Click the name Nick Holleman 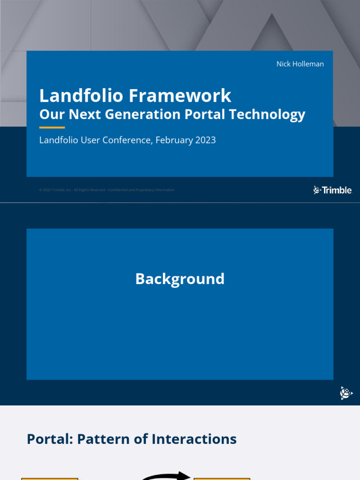click(300, 64)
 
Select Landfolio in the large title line click(82, 96)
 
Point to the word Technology click(267, 114)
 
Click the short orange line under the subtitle click(52, 127)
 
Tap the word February click(173, 140)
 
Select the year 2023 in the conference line click(205, 140)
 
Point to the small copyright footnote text click(107, 190)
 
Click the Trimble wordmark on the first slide click(332, 190)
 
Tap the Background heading click(180, 279)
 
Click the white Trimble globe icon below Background click(346, 393)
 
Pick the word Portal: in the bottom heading click(50, 439)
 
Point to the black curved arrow click(166, 476)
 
